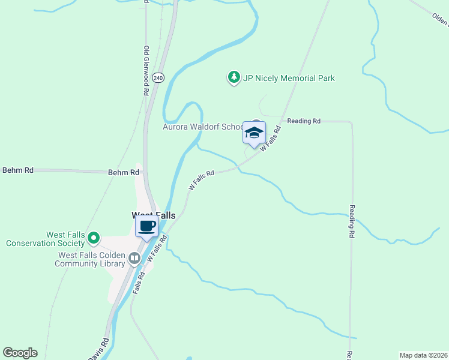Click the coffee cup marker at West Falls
(x=147, y=226)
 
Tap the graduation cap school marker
(x=254, y=132)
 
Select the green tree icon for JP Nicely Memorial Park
(x=233, y=77)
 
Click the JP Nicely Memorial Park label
(x=289, y=78)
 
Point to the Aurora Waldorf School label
(x=202, y=127)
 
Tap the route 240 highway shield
(x=158, y=78)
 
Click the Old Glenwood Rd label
(x=146, y=71)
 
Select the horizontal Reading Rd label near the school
(x=304, y=121)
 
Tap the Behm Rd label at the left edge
(x=18, y=170)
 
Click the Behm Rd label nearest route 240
(x=124, y=172)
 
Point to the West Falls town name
(x=154, y=215)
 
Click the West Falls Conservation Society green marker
(x=93, y=239)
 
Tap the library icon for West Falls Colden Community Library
(x=134, y=259)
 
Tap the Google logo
(x=20, y=353)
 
